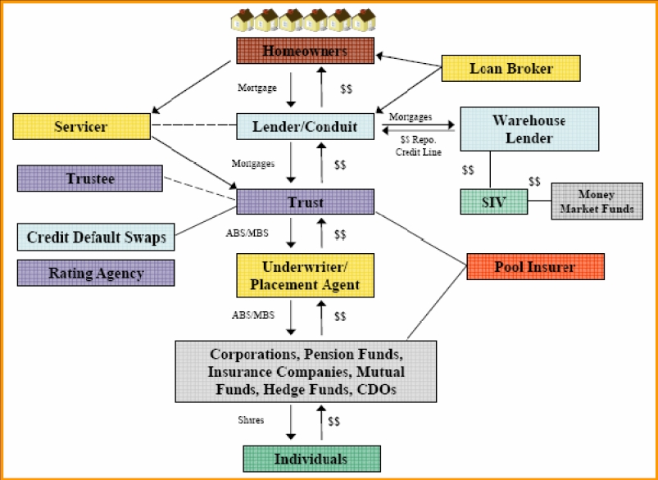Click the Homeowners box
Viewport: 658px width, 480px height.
(305, 51)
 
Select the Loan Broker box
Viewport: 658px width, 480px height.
(511, 68)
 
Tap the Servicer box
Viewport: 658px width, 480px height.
(81, 126)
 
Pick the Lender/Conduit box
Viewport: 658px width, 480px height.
(305, 126)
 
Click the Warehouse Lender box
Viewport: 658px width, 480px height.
(529, 129)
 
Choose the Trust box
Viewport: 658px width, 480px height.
(305, 202)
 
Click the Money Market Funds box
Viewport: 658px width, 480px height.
(596, 202)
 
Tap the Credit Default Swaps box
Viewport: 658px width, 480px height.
(96, 238)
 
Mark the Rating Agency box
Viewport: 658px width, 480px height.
(96, 273)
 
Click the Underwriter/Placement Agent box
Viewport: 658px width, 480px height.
(305, 275)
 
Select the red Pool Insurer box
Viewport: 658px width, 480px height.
(535, 266)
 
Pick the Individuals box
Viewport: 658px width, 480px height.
(311, 459)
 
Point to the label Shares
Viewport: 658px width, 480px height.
(251, 420)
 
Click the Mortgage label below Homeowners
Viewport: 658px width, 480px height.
(257, 86)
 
